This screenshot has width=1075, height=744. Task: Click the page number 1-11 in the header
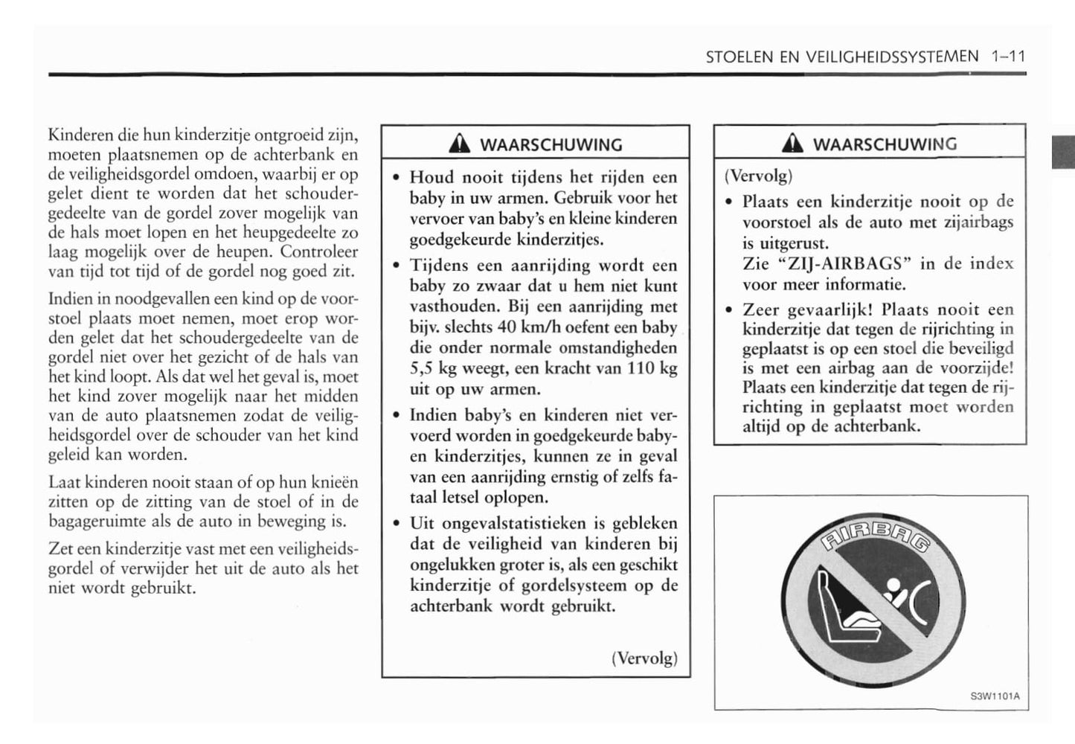1008,57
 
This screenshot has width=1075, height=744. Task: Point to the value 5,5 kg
435,368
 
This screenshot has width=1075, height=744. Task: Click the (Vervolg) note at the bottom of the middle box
644,658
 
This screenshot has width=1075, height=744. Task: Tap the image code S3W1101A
995,697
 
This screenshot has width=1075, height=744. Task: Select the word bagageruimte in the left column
97,522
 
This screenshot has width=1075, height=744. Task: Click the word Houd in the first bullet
431,178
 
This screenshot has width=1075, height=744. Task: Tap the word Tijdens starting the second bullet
439,266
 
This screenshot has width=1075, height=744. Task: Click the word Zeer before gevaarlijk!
760,310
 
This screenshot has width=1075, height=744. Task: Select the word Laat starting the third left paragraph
65,483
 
